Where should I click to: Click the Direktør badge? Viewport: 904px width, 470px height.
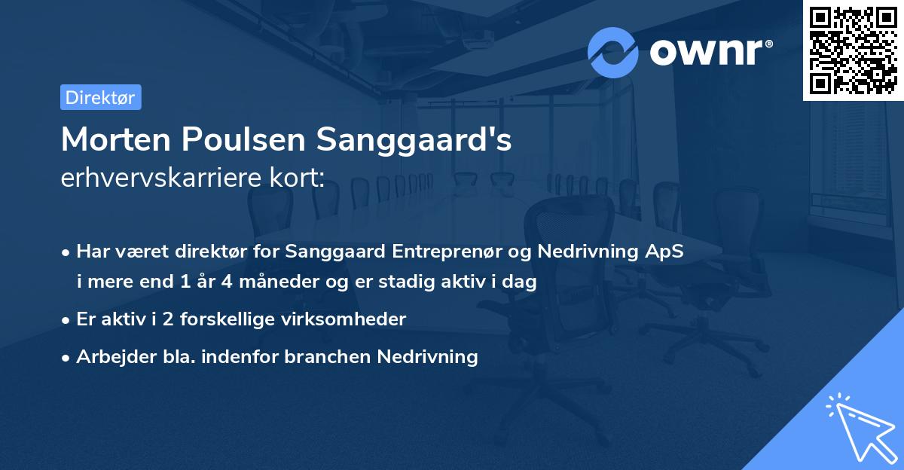pyautogui.click(x=100, y=97)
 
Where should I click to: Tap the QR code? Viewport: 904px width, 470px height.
pyautogui.click(x=854, y=50)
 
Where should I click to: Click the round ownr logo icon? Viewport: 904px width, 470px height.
pyautogui.click(x=613, y=52)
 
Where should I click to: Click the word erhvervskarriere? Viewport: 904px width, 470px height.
pyautogui.click(x=159, y=179)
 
